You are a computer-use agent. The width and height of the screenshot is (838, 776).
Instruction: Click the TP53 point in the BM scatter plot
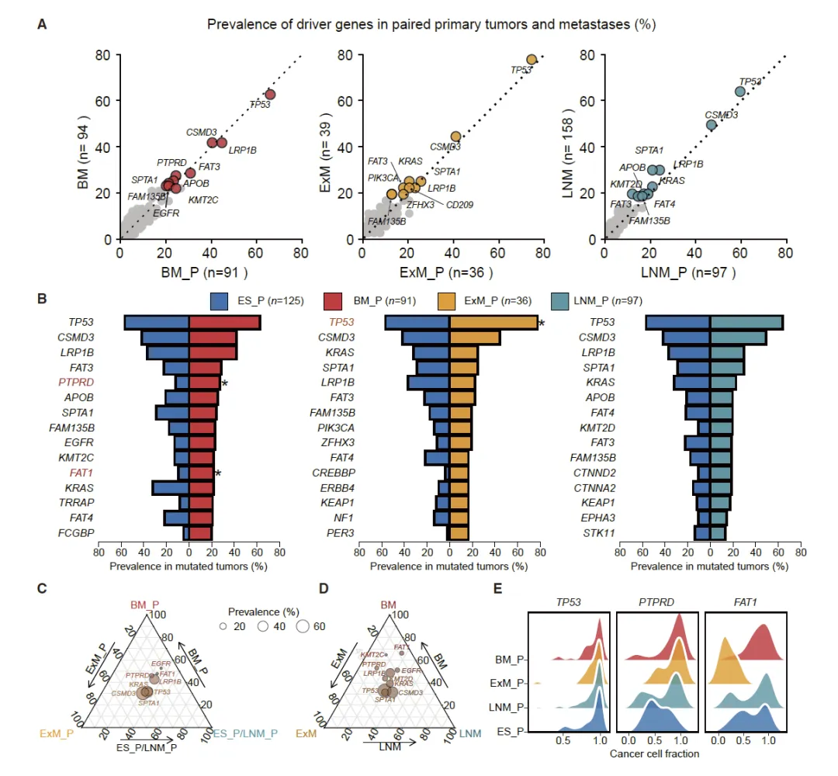tap(270, 95)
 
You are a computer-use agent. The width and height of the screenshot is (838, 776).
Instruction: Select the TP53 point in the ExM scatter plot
tap(532, 60)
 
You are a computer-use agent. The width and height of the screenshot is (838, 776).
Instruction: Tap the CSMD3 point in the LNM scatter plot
tap(711, 124)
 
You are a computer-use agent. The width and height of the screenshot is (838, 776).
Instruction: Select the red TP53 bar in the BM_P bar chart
tap(224, 322)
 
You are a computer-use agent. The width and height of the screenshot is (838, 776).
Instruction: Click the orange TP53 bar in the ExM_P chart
tap(493, 322)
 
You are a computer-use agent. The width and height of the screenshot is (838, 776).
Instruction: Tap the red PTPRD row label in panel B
tap(76, 383)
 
